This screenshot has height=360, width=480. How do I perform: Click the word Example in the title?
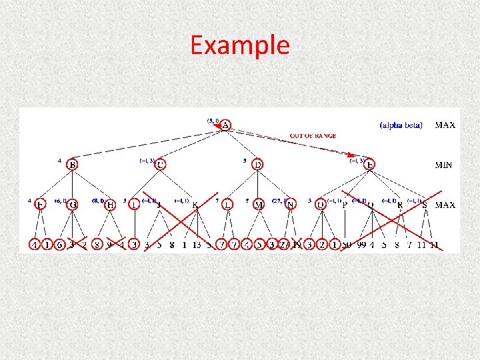click(x=240, y=45)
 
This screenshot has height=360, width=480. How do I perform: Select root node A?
click(x=226, y=125)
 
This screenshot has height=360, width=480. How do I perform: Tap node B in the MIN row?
click(x=72, y=165)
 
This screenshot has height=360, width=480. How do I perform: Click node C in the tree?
click(x=161, y=164)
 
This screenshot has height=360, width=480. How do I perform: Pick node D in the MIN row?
click(x=257, y=164)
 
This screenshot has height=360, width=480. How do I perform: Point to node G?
click(x=72, y=205)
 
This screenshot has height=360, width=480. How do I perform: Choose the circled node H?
click(x=110, y=205)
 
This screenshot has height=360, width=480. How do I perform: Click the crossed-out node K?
click(x=195, y=205)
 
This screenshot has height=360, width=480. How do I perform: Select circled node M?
click(x=259, y=205)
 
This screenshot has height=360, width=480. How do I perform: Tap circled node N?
click(x=290, y=205)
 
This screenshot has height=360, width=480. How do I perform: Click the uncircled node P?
click(x=345, y=205)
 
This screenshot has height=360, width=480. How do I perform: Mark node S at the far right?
click(x=425, y=205)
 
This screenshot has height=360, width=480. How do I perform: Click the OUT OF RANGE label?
click(x=313, y=136)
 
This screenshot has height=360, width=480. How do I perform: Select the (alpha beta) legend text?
click(x=401, y=125)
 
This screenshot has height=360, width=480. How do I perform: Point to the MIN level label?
click(x=444, y=165)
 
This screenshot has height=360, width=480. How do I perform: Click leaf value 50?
click(x=347, y=245)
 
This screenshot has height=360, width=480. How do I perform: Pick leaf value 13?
click(x=197, y=245)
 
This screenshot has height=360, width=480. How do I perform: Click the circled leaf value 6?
click(x=59, y=245)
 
